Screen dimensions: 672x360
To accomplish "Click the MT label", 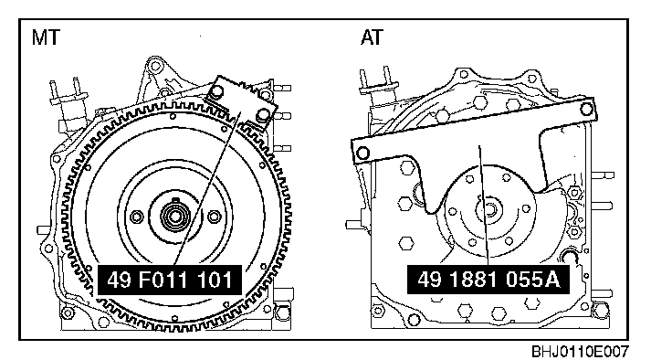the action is click(x=46, y=37).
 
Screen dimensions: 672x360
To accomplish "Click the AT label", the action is click(x=372, y=37).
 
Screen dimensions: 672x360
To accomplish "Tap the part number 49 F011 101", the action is click(x=170, y=281).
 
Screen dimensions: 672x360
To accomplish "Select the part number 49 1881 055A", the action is click(x=488, y=281).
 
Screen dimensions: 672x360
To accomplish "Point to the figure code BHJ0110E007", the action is click(x=581, y=352).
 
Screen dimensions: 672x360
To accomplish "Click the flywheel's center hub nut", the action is click(x=174, y=216).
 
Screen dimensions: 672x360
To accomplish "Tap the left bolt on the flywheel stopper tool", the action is click(x=217, y=91).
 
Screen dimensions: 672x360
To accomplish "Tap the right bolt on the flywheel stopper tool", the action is click(x=262, y=115).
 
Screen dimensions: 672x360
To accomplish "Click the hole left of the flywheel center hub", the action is click(x=137, y=217).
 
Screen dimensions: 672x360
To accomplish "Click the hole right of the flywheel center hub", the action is click(x=214, y=217).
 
